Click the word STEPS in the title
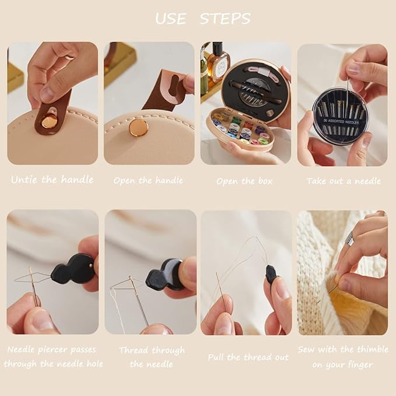[x=225, y=19]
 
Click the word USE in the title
[x=171, y=19]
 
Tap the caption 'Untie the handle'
[x=52, y=180]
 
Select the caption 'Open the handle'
[x=149, y=181]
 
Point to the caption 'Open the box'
[x=244, y=181]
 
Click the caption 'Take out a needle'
[x=344, y=181]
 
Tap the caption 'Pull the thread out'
[x=248, y=358]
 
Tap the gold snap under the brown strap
[x=47, y=122]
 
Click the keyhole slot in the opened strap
[x=174, y=87]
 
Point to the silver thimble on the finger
[x=349, y=237]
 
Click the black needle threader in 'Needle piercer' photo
[x=72, y=269]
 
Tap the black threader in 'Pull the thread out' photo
[x=271, y=275]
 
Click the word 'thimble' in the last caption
[x=372, y=349]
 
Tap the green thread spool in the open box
[x=236, y=120]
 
